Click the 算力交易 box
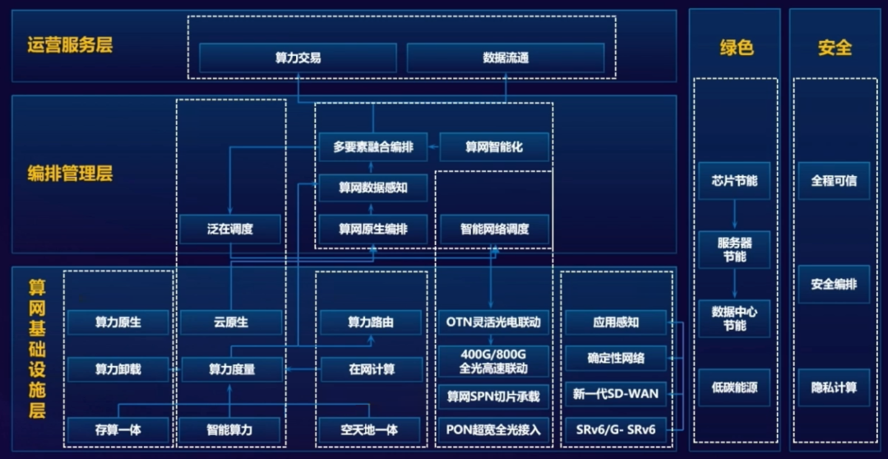[298, 58]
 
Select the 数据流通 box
[506, 58]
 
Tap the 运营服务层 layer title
[70, 44]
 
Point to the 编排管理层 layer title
[70, 174]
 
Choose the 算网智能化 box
[494, 147]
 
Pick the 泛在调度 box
[231, 229]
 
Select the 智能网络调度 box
[494, 229]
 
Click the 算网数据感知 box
[373, 188]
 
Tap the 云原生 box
[231, 322]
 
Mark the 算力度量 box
[231, 369]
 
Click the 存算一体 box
[118, 429]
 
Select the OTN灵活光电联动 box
[493, 322]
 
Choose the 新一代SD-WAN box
[615, 393]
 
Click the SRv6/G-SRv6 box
[615, 429]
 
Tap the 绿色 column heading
[736, 48]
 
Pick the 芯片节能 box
[734, 180]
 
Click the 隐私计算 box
[834, 387]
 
